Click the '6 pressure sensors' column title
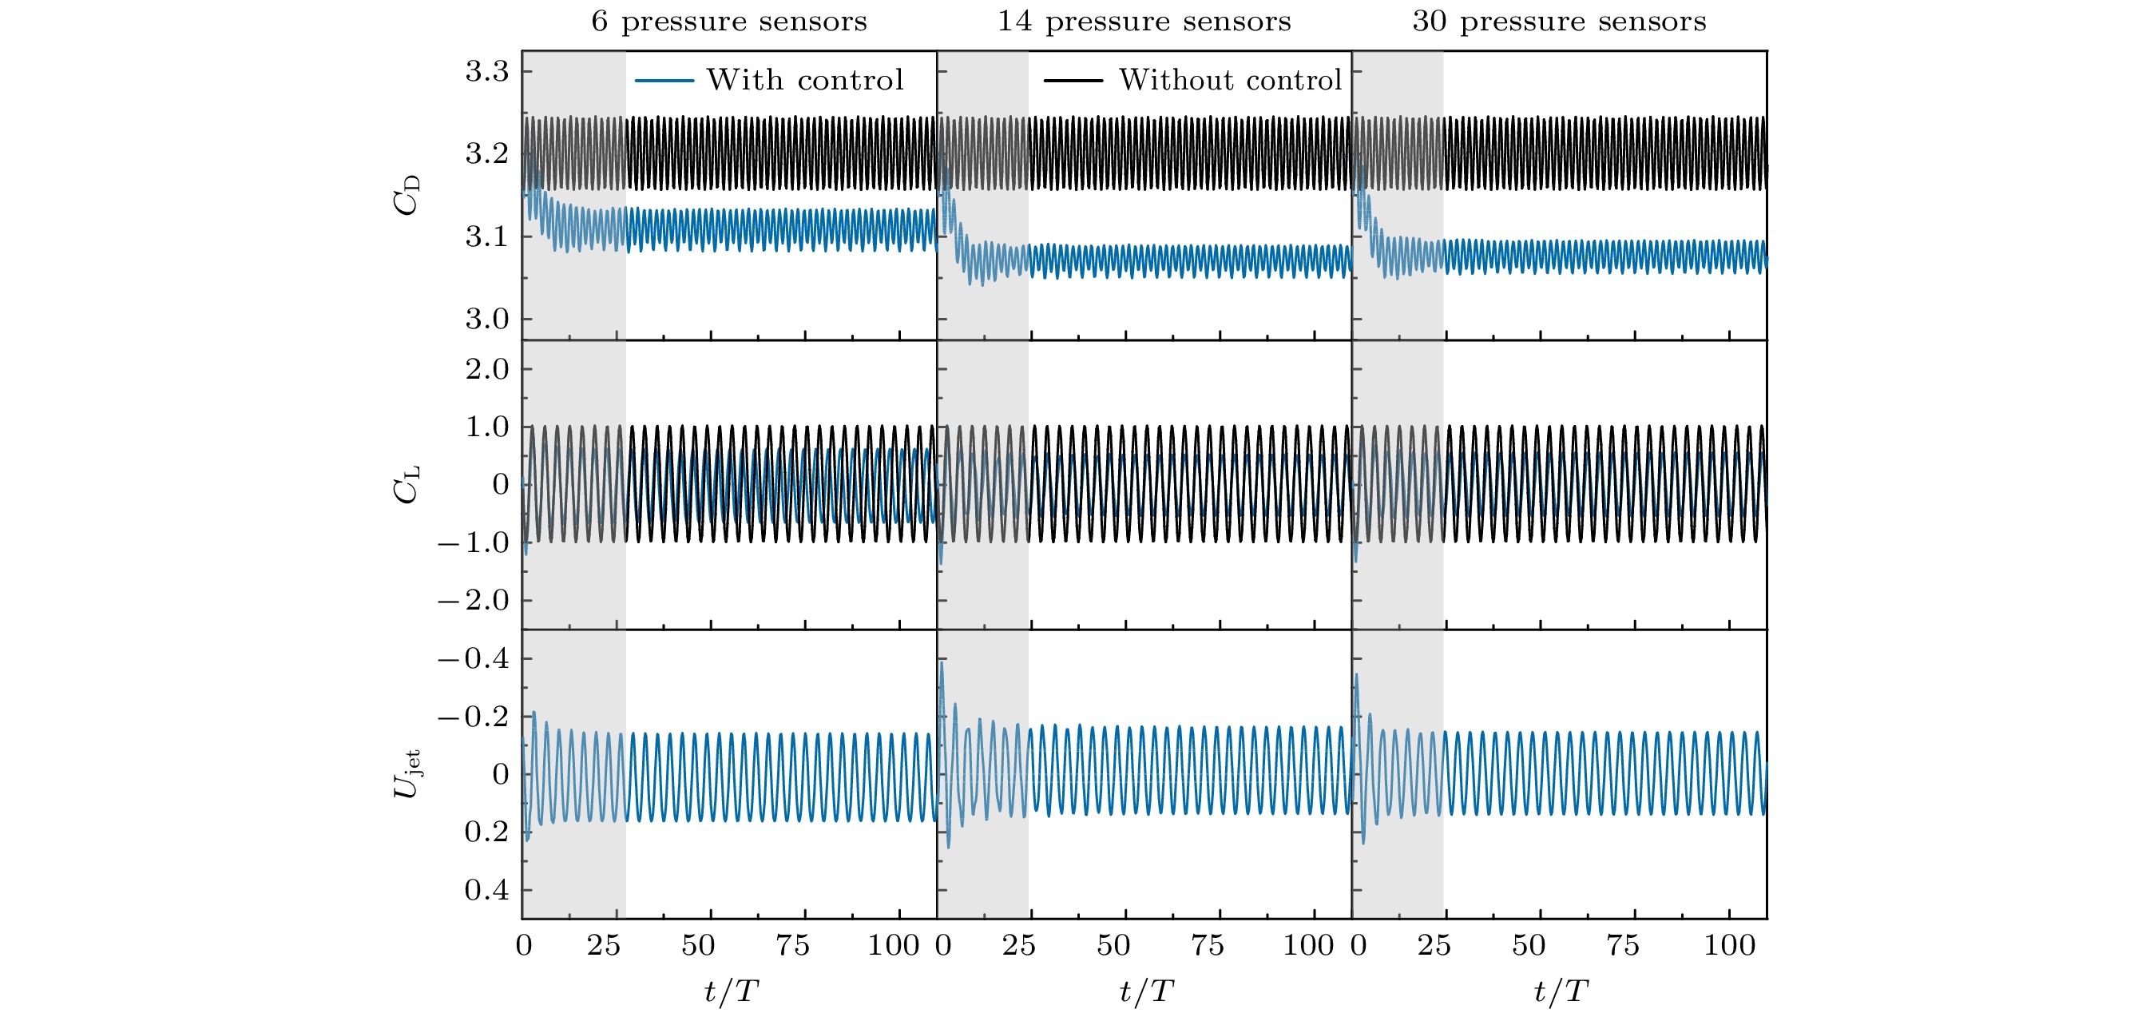[x=728, y=22]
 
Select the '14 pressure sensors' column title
[x=1144, y=22]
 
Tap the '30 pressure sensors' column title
[x=1559, y=22]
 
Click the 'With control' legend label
[x=804, y=81]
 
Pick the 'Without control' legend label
[x=1230, y=81]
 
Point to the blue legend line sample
[x=664, y=81]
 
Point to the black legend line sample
[x=1073, y=81]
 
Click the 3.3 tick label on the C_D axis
[x=486, y=72]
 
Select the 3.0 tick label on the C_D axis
[x=486, y=319]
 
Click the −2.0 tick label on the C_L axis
[x=473, y=600]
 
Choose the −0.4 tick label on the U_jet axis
[x=473, y=659]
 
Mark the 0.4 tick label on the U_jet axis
[x=486, y=890]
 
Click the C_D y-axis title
[x=407, y=195]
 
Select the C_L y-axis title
[x=407, y=484]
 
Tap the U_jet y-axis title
[x=407, y=774]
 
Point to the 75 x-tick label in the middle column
[x=1207, y=946]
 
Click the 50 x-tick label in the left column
[x=698, y=946]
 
